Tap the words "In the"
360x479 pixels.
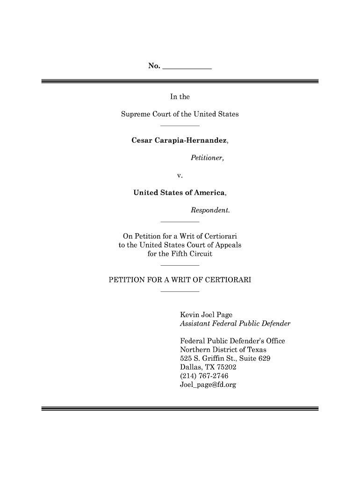point(180,97)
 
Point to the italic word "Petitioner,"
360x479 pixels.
point(207,158)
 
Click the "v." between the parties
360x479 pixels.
point(180,175)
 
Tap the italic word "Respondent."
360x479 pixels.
point(210,210)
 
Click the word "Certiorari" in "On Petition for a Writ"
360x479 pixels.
point(221,236)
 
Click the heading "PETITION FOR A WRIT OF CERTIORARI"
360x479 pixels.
point(180,280)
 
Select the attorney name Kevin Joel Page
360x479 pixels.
point(206,315)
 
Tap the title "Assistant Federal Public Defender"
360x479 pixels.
point(235,323)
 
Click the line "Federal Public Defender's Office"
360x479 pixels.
point(232,341)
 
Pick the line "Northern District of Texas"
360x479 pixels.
point(223,350)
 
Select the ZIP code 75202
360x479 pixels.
point(224,368)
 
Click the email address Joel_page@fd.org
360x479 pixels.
point(208,385)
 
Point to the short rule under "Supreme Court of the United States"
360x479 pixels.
point(180,126)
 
